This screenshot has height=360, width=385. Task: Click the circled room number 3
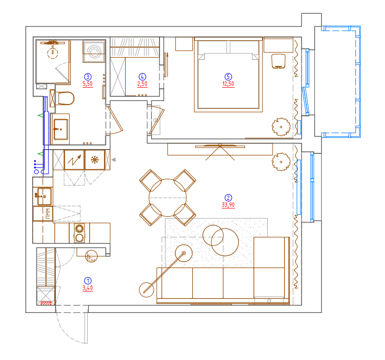pos(88,77)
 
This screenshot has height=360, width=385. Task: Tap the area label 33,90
pos(228,205)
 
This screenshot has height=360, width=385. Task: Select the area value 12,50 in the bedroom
pos(228,84)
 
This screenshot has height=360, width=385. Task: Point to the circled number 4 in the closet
pos(143,77)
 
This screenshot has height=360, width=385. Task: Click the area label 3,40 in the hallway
pos(88,288)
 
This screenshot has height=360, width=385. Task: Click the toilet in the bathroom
pos(65,98)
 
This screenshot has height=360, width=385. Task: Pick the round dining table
pos(168,198)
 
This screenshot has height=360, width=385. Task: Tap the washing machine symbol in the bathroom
pos(95,52)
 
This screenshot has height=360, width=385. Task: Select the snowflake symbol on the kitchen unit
pos(95,160)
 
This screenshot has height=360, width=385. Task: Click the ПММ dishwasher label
pos(48,214)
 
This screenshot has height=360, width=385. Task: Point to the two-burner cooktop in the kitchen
pos(79,233)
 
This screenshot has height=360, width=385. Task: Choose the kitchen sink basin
pos(44,196)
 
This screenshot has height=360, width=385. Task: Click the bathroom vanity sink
pos(61,129)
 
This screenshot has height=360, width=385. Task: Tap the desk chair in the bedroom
pos(278,61)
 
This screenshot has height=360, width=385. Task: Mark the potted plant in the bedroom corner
pos(281,127)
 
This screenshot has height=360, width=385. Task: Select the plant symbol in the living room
pos(281,162)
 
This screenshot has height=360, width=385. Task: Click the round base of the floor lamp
pos(146,290)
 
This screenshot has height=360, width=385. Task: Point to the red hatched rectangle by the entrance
pos(46,303)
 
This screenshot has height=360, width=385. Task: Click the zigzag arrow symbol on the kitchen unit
pos(74,160)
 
